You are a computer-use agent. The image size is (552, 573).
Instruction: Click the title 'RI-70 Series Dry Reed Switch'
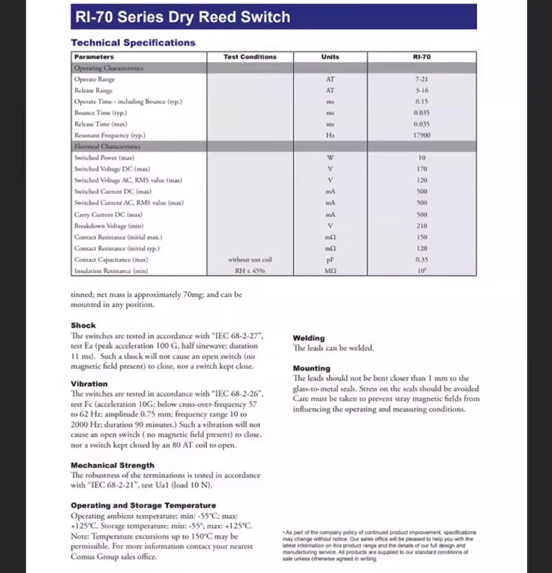click(181, 17)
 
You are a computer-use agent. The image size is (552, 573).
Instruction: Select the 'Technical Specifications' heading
click(133, 43)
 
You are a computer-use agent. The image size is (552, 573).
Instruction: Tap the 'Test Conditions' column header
click(250, 57)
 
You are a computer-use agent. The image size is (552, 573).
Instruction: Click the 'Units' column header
click(331, 57)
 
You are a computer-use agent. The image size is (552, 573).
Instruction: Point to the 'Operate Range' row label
click(94, 79)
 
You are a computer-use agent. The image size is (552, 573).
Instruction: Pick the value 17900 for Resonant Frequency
click(421, 135)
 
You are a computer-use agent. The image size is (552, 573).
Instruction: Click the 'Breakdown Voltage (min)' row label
click(108, 226)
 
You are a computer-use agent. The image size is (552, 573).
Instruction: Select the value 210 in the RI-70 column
click(421, 226)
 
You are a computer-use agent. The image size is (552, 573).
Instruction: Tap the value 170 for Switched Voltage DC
click(421, 169)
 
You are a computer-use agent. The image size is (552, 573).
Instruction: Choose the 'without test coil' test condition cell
click(250, 260)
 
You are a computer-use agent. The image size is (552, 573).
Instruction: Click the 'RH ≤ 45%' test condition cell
click(250, 270)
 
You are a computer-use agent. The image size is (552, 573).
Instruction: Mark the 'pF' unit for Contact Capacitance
click(331, 260)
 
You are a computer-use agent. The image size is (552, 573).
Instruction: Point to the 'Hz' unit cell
click(331, 135)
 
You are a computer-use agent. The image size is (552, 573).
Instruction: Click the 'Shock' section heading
click(83, 326)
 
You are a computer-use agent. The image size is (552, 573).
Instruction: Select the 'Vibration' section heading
click(89, 384)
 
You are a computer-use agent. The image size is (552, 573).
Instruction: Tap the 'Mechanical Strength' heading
click(112, 465)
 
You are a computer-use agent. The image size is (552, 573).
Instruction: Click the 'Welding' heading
click(309, 338)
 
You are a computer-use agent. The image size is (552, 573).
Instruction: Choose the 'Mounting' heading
click(312, 368)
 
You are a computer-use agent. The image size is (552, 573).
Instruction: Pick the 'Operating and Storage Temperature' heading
click(143, 505)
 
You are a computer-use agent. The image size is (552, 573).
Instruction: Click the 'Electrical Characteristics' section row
click(108, 147)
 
